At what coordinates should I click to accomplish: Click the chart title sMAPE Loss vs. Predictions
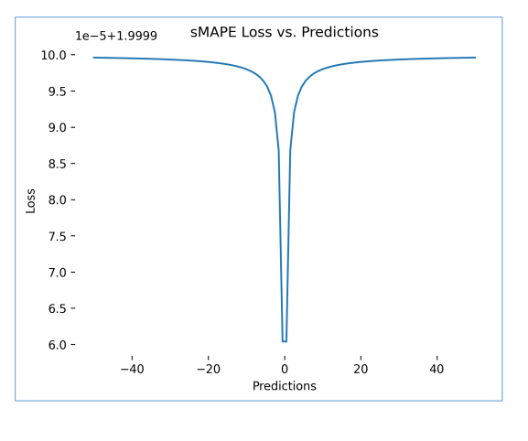click(284, 32)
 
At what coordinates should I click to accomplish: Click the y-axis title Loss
click(30, 200)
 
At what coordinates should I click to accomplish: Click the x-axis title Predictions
click(285, 386)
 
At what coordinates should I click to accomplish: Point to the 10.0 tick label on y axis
click(53, 55)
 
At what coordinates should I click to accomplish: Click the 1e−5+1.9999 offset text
click(116, 36)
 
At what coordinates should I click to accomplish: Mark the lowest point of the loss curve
click(285, 341)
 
